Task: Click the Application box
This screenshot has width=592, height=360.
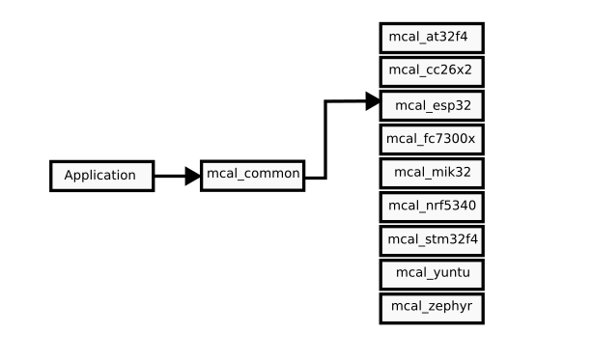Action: point(101,176)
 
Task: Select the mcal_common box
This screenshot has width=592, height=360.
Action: point(253,174)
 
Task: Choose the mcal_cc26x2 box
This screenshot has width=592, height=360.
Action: point(431,70)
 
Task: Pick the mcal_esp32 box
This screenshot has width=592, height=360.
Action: point(431,104)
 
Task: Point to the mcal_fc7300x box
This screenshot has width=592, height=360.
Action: point(431,139)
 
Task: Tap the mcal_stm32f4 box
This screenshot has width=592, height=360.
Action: point(431,239)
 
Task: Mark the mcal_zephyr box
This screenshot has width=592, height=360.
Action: point(431,308)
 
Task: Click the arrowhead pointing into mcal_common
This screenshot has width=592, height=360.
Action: point(191,177)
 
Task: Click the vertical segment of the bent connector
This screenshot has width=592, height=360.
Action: point(324,140)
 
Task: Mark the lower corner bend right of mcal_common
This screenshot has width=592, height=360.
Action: point(324,178)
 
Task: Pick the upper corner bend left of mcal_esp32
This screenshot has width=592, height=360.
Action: point(324,101)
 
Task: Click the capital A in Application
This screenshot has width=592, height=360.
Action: point(69,176)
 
